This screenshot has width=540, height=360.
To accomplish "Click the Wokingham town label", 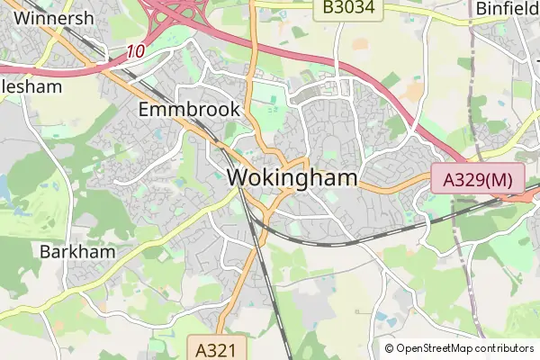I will [293, 178].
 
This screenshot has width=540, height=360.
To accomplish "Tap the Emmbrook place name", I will [190, 110].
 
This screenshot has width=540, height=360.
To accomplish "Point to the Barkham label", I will [77, 252].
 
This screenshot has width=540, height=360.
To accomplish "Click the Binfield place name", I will [507, 8].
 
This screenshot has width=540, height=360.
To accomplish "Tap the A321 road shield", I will [216, 348].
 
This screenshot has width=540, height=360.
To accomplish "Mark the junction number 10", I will [135, 52].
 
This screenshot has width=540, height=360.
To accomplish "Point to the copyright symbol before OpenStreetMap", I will [389, 348].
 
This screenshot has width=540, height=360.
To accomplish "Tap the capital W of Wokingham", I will [238, 178].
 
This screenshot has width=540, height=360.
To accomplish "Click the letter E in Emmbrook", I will [145, 110].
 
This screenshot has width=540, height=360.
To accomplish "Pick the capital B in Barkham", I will [46, 252].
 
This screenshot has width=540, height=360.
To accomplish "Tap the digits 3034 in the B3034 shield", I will [358, 8].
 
